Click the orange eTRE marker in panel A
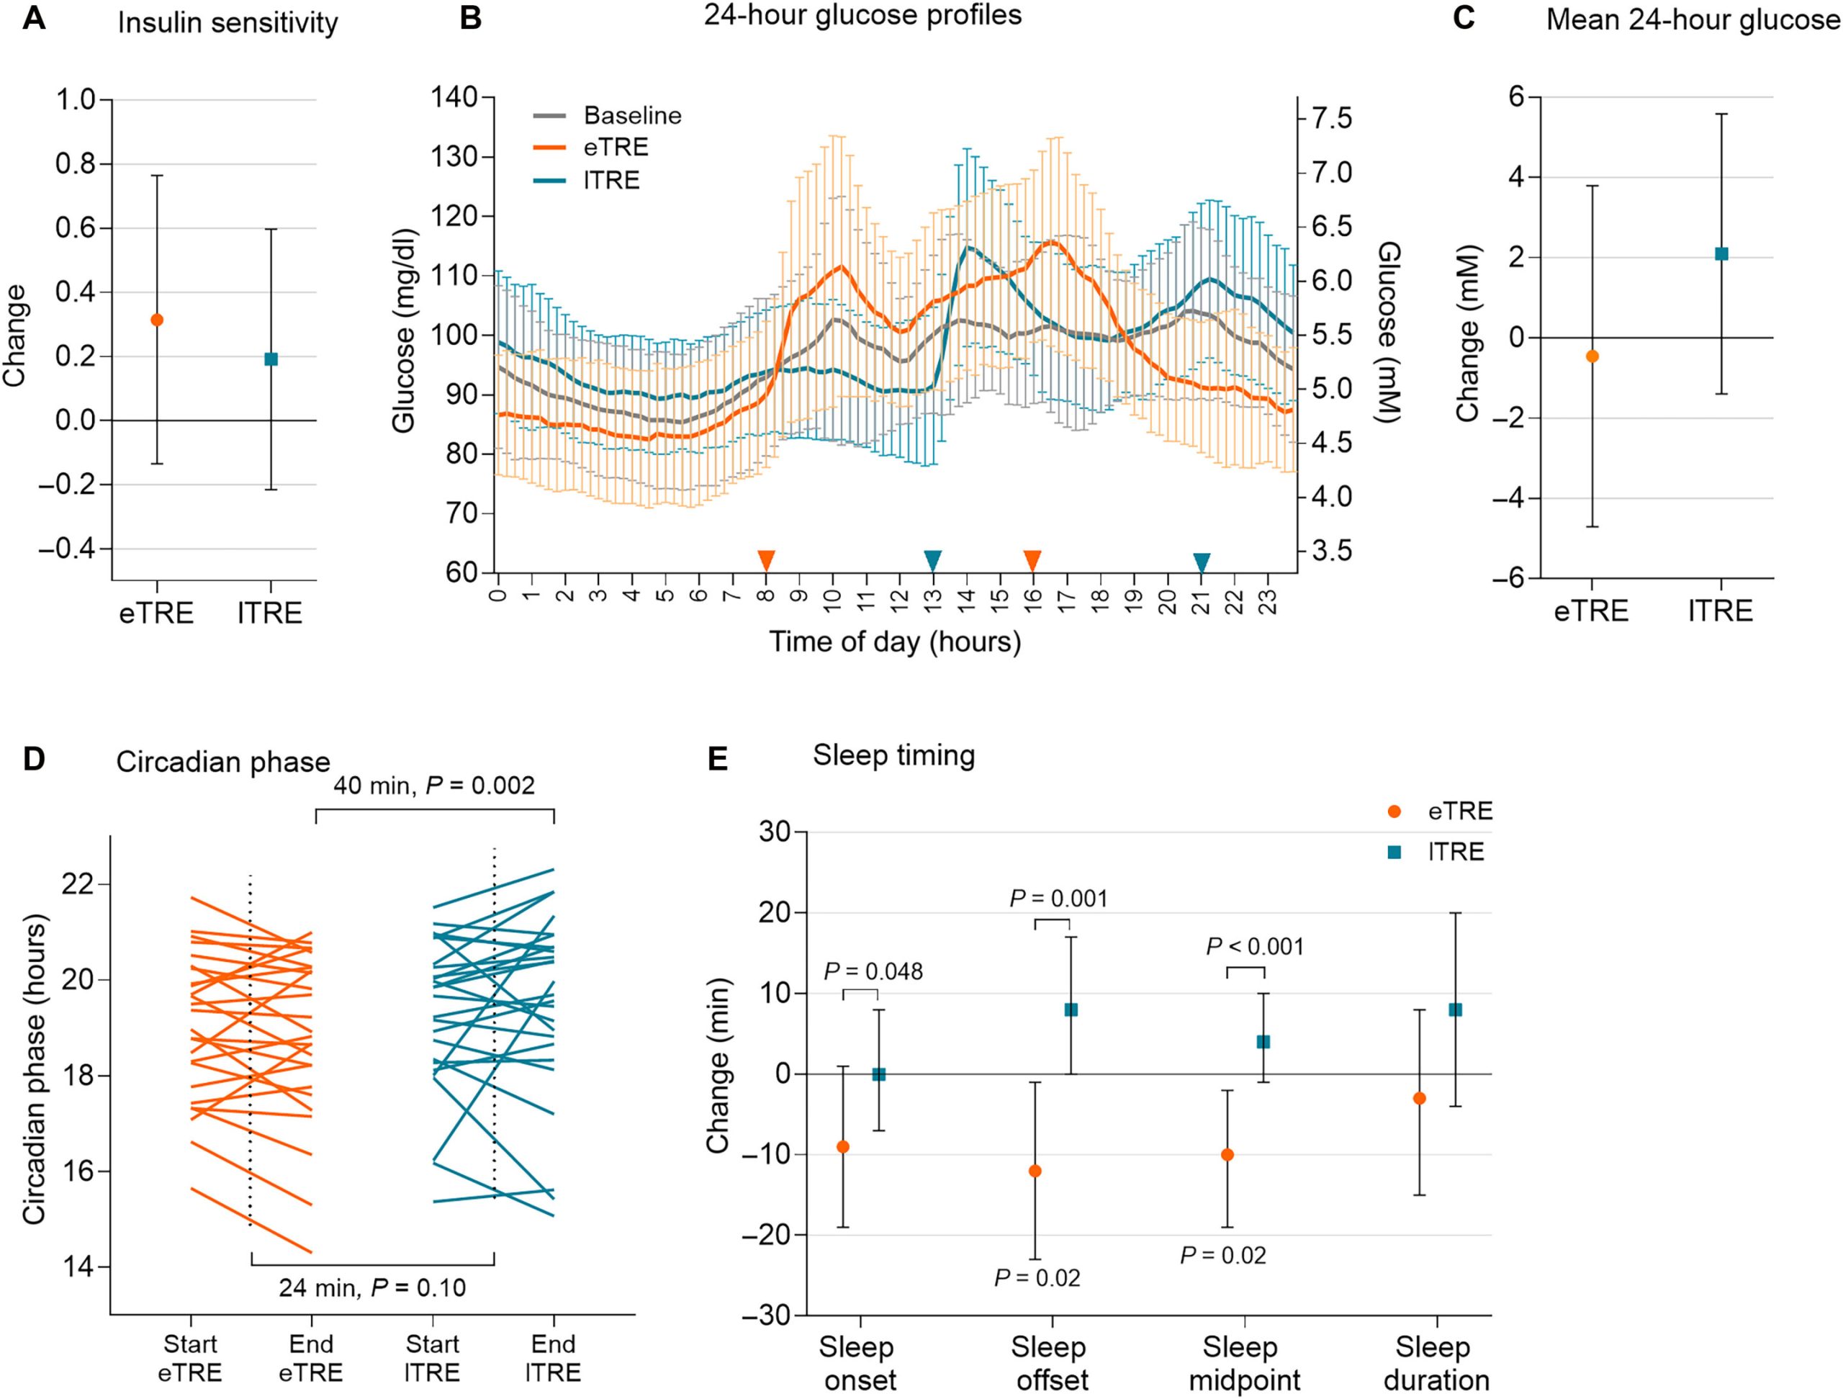pos(157,320)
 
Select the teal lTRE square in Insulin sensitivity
pos(270,359)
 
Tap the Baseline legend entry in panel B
pos(632,115)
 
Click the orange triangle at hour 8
pos(766,560)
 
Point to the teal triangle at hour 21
pos(1201,562)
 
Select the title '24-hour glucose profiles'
pos(862,15)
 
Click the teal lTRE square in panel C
pos(1721,254)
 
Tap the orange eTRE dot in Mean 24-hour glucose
pos(1592,356)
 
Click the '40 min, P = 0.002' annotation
pos(434,785)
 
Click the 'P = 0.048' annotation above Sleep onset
pos(873,971)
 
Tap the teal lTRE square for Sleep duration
pos(1456,1010)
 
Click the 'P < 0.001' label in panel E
pos(1255,947)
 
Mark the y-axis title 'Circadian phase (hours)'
pos(35,1069)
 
